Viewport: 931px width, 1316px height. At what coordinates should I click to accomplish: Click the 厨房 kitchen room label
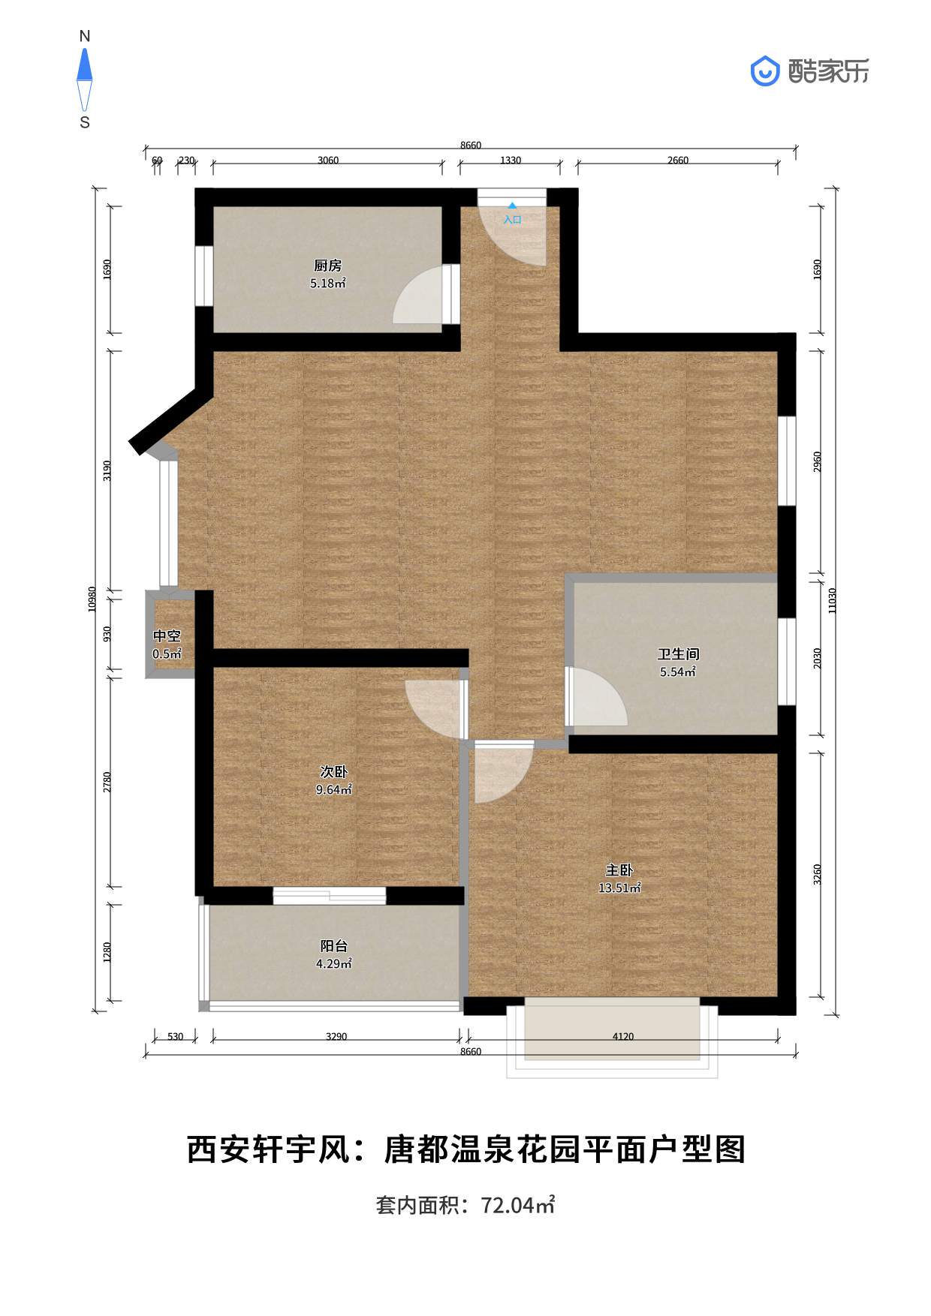pos(327,266)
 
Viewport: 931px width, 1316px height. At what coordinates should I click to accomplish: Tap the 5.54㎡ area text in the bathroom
pos(677,672)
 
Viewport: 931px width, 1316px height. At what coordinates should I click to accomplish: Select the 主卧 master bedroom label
pos(619,870)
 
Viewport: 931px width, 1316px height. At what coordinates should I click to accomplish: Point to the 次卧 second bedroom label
pos(333,772)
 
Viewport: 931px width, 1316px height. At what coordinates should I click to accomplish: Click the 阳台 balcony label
pos(333,946)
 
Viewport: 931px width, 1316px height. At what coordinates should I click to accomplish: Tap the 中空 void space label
pos(167,636)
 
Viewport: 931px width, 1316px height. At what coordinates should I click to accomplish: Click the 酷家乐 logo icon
pos(765,71)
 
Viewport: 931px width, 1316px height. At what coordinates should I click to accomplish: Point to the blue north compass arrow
pos(85,65)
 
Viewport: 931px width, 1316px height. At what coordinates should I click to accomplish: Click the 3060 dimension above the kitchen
pos(328,161)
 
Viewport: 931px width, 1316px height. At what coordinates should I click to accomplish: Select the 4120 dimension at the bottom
pos(622,1037)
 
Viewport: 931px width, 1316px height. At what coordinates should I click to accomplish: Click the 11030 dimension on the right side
pos(832,600)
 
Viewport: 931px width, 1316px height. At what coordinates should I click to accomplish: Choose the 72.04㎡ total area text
pos(517,1206)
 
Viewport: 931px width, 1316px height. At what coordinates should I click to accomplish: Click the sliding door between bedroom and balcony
pos(329,895)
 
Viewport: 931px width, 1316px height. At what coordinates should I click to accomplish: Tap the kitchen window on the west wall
pos(203,275)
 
